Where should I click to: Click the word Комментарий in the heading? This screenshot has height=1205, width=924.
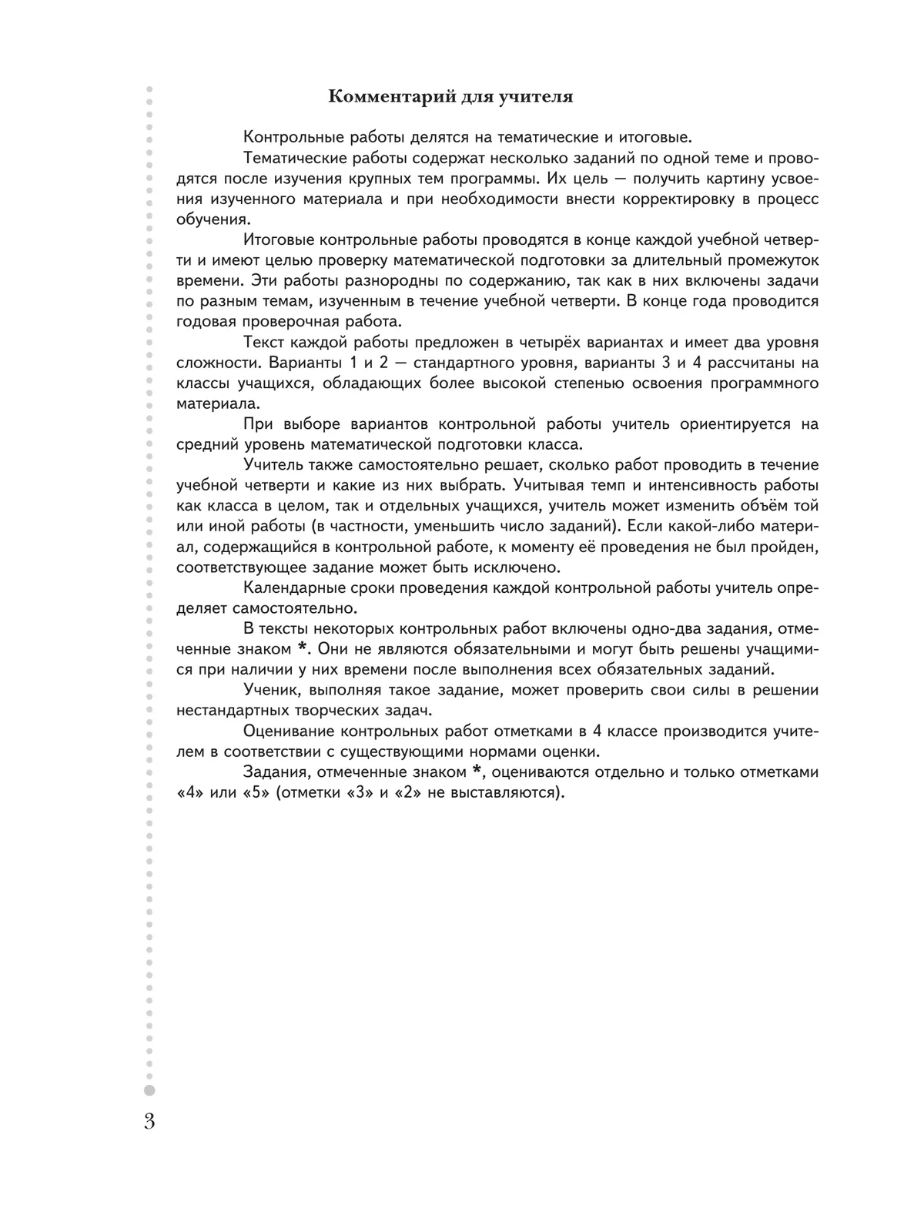(384, 97)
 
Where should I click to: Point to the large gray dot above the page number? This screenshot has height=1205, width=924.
(149, 1090)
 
